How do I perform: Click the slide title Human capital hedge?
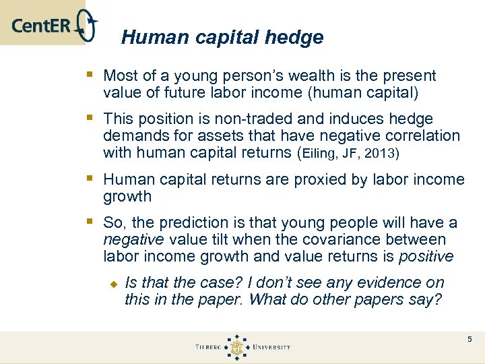pos(222,38)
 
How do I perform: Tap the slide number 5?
pos(470,338)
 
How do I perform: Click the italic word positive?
pos(426,257)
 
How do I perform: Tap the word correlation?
pos(418,136)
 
